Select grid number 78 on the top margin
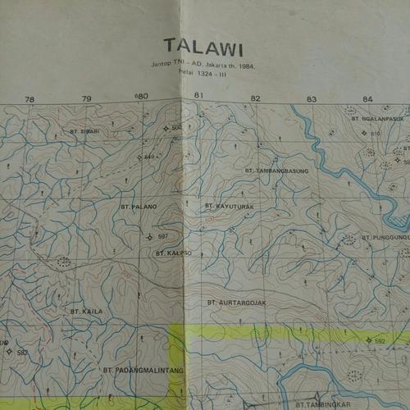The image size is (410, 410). coord(30,99)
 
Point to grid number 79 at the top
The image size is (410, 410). coord(86,99)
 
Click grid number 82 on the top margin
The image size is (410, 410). coord(256,98)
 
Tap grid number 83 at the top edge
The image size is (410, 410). coord(312,99)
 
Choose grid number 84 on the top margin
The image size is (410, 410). coord(367,99)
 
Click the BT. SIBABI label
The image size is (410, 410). coord(84,131)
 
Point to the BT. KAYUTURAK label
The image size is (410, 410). coord(230,205)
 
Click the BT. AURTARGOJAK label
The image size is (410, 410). coord(237,303)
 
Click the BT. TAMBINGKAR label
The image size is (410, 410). coord(323,404)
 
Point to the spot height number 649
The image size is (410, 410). coord(149,157)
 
